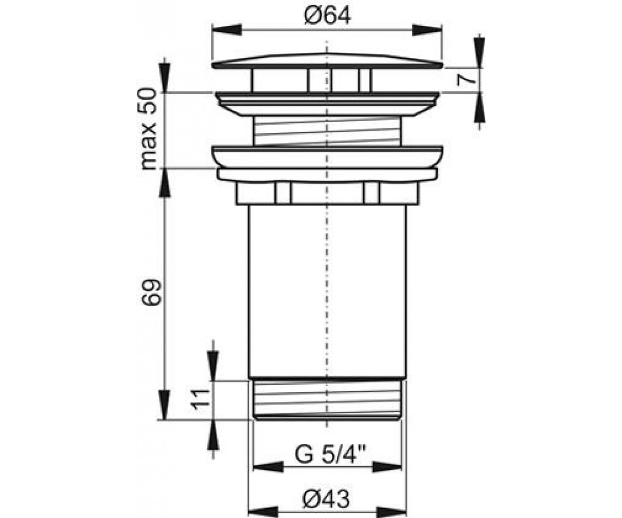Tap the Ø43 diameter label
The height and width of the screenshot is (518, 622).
tap(326, 491)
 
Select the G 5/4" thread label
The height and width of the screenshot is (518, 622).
tap(330, 455)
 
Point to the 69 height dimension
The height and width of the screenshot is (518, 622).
tap(151, 292)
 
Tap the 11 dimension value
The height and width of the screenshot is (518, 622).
tap(200, 399)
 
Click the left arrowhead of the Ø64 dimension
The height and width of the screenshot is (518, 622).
tap(227, 30)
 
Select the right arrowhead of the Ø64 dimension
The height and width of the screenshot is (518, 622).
tap(427, 30)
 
